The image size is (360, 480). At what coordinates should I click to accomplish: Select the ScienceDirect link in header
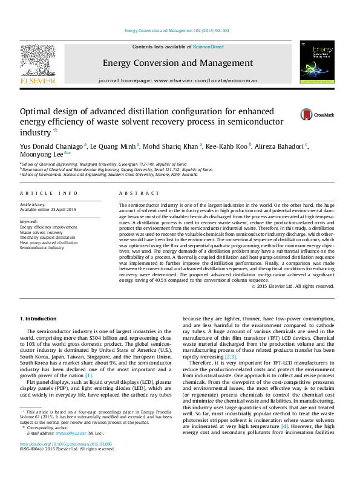208,47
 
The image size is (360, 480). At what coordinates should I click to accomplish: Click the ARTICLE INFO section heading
49,193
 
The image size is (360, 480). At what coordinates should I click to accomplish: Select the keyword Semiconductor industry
42,248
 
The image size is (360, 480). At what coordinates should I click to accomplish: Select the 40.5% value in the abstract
172,281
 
